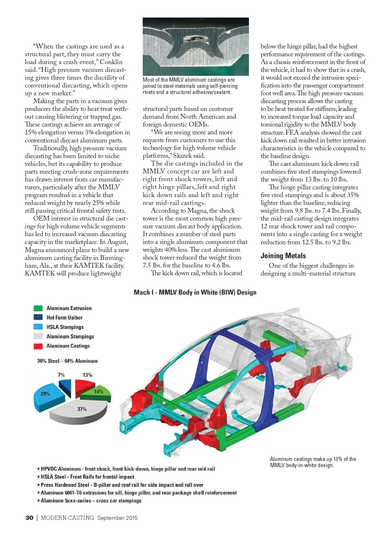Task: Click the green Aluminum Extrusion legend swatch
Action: (x=38, y=308)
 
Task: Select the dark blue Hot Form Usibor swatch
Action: (x=38, y=317)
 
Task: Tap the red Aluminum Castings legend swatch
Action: (x=38, y=346)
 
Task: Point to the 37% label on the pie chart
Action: (x=82, y=409)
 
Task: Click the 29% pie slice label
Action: (x=45, y=394)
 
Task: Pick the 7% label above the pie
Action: (x=61, y=375)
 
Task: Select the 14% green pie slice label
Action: (x=98, y=392)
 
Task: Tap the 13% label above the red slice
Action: (x=87, y=375)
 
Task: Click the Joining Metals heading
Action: (x=283, y=256)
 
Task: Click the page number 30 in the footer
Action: (x=29, y=518)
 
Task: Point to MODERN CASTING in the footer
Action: (x=67, y=518)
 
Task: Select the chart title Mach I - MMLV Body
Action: (x=195, y=292)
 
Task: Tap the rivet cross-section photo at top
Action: (x=195, y=47)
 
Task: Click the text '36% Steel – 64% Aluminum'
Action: (x=67, y=361)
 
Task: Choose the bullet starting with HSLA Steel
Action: (x=87, y=477)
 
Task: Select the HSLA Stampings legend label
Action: (x=65, y=327)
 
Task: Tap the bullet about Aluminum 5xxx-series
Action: (x=91, y=501)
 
